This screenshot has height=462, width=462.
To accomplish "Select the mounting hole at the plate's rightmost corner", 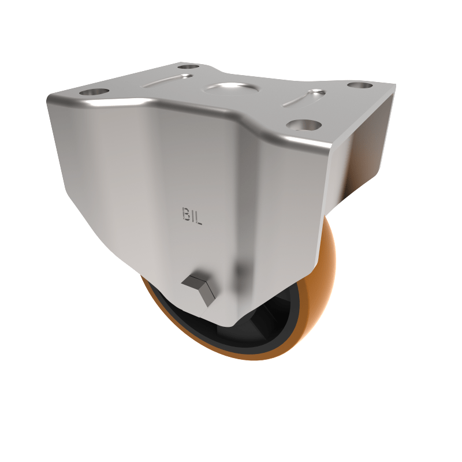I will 360,85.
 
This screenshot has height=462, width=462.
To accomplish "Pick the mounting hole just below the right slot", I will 303,124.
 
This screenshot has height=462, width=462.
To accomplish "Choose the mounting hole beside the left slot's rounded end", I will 188,68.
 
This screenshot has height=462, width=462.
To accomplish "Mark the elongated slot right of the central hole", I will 302,98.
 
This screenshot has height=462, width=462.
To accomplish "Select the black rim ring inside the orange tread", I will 191,335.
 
